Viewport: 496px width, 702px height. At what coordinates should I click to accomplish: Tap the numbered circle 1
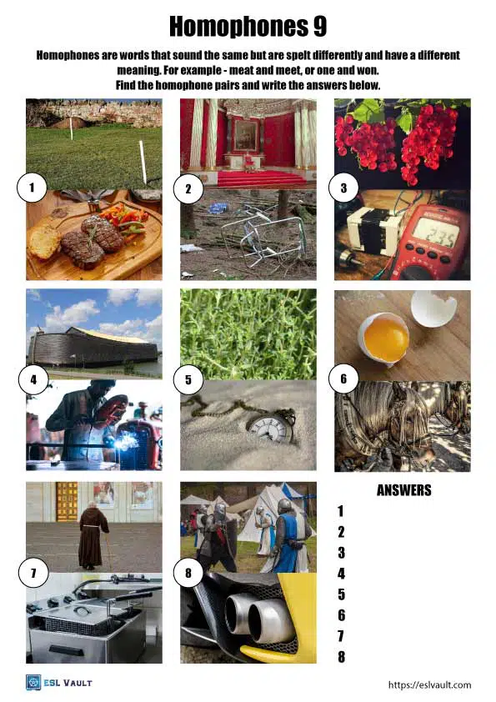pos(32,188)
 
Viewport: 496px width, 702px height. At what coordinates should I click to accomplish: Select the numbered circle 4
pos(33,380)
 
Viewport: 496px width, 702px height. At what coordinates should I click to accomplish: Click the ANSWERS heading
pos(403,490)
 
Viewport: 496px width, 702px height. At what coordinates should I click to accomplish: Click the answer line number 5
pos(340,594)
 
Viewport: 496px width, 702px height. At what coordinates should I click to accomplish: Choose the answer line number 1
pos(340,511)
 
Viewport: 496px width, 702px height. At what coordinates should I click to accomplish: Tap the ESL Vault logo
pos(58,683)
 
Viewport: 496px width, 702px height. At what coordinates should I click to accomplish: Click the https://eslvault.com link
pos(429,684)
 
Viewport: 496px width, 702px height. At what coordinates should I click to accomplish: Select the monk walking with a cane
pos(93,535)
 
